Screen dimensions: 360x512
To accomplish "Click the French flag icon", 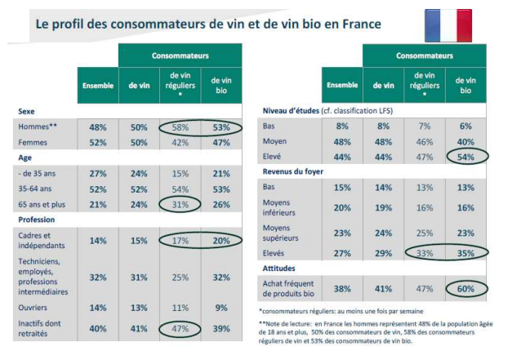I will (x=447, y=26).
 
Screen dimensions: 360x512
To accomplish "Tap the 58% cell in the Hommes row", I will (x=180, y=127).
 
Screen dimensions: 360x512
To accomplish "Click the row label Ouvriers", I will (x=34, y=308).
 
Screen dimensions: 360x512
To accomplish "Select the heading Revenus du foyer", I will (x=294, y=171).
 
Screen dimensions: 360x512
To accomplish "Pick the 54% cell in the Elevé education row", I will (x=465, y=156).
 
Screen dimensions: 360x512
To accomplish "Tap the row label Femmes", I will (x=33, y=142).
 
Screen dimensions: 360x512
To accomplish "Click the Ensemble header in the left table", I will (x=97, y=86).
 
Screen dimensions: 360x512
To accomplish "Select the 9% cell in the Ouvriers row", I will (x=220, y=308).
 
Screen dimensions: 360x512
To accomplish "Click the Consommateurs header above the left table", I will (x=180, y=56).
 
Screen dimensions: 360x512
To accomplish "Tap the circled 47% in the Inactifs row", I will (x=180, y=327).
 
